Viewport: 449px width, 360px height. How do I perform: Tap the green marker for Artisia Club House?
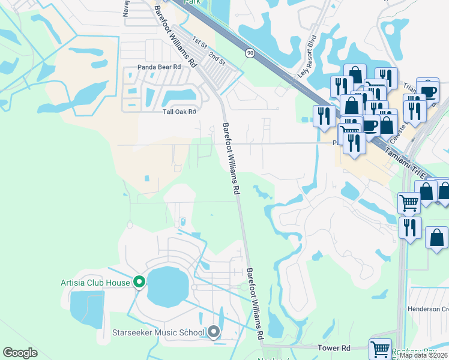click(139, 281)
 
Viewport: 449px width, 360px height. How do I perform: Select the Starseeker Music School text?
click(158, 332)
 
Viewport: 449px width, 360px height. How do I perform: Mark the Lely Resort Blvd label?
click(307, 64)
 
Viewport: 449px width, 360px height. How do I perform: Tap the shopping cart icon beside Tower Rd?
click(380, 348)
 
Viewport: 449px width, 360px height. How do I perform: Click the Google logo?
click(20, 353)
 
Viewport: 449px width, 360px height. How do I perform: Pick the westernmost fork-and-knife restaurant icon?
click(324, 116)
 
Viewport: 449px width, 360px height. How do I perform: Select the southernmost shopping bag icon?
click(436, 237)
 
